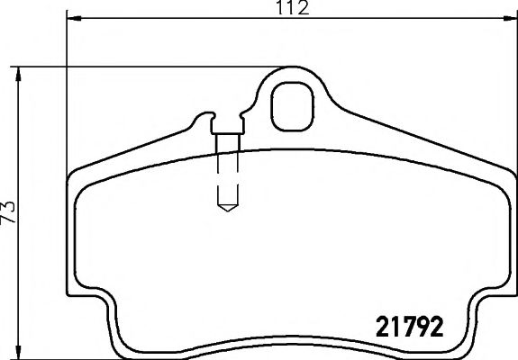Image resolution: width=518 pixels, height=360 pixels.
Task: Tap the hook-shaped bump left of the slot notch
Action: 204,118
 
